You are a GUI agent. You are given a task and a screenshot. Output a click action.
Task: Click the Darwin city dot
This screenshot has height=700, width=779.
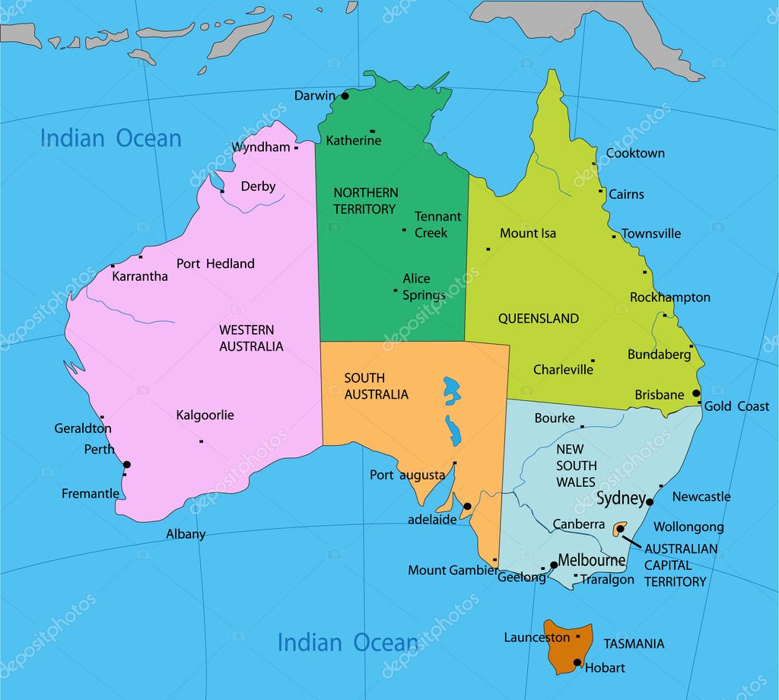[345, 96]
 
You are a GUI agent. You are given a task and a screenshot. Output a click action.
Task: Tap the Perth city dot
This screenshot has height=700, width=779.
[127, 464]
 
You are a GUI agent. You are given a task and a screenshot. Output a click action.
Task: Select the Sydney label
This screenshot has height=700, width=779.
[621, 499]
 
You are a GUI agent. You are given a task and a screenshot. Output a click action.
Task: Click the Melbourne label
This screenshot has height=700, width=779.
[591, 561]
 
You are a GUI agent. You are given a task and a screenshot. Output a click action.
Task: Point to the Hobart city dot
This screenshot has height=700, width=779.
[577, 662]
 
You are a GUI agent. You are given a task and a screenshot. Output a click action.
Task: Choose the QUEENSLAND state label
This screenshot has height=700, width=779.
[539, 319]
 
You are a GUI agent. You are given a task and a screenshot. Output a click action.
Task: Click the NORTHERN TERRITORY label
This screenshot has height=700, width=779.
[365, 201]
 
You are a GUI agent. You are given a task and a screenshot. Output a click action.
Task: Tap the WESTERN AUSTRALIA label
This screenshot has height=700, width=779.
[251, 338]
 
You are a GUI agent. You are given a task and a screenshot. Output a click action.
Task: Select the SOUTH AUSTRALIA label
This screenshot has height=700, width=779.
[376, 386]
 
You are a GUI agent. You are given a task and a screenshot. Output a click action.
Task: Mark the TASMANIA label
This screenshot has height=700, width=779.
[634, 644]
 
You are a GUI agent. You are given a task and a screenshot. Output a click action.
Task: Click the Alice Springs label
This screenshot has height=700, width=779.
[424, 287]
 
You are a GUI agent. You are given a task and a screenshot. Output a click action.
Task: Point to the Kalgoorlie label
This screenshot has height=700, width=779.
[205, 415]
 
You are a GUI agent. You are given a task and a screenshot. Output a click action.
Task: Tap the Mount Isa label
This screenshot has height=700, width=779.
[528, 234]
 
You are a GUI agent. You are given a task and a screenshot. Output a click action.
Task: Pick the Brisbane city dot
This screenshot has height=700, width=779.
[696, 393]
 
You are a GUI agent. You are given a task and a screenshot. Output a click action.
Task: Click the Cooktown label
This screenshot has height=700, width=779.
[635, 153]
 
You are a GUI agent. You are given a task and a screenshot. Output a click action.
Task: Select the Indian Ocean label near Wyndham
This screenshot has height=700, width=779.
[111, 138]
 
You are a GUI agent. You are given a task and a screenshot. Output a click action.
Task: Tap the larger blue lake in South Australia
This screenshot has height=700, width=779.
[452, 391]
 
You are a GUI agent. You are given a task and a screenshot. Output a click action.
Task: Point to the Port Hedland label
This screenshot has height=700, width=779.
[215, 264]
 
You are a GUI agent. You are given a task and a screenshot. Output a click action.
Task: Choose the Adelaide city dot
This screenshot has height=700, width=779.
[467, 506]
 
